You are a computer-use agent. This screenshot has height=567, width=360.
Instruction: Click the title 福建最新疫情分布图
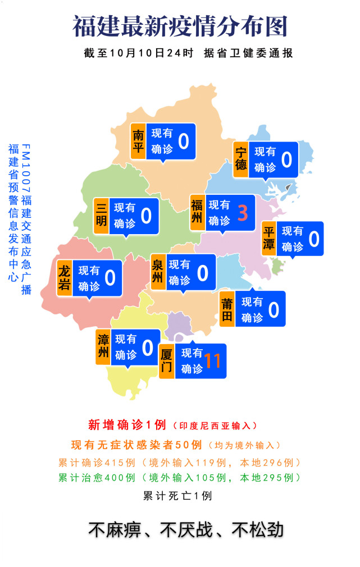[x=180, y=25]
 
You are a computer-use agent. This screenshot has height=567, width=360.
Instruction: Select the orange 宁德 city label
[x=241, y=159]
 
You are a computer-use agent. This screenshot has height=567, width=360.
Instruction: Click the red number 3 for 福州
[x=243, y=213]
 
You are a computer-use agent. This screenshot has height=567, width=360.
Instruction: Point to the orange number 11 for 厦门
[x=212, y=361]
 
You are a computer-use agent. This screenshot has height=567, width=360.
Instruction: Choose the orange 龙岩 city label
[x=65, y=278]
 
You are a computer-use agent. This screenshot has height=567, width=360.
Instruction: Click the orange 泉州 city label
[x=158, y=272]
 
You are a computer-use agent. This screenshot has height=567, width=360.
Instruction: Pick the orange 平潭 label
[x=269, y=239]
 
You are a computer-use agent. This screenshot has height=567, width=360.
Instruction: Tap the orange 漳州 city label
[x=103, y=347]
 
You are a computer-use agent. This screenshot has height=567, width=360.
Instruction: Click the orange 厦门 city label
[x=167, y=362]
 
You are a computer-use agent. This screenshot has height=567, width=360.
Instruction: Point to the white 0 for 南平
[x=183, y=141]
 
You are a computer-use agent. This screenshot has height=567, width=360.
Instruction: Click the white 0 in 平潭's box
[x=313, y=239]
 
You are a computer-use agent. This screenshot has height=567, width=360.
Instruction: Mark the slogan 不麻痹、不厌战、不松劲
[x=185, y=530]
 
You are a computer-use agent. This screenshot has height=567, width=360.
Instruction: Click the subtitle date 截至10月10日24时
[x=138, y=53]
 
